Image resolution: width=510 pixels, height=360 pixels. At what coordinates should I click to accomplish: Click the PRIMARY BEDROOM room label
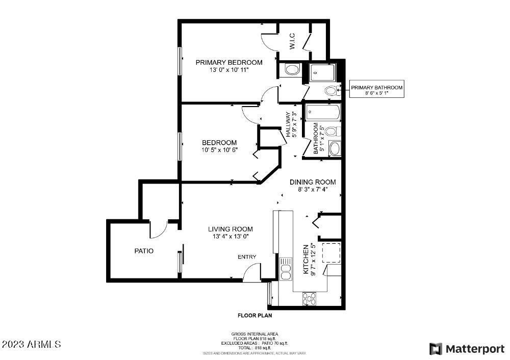pyautogui.click(x=229, y=62)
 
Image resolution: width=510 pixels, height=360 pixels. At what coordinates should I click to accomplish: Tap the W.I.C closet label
pyautogui.click(x=293, y=44)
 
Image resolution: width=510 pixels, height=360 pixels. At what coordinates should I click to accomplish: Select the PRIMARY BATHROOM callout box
pyautogui.click(x=376, y=91)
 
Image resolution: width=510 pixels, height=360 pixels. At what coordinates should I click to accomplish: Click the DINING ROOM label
pyautogui.click(x=313, y=182)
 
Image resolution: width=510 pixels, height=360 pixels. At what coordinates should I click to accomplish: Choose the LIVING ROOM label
pyautogui.click(x=230, y=229)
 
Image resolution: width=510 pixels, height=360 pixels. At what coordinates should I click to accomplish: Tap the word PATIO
pyautogui.click(x=144, y=251)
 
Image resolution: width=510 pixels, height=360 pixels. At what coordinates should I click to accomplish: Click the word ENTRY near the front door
pyautogui.click(x=247, y=257)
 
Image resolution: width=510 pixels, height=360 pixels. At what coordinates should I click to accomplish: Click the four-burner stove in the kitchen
pyautogui.click(x=309, y=297)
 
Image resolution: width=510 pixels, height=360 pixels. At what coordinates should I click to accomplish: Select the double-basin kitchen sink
pyautogui.click(x=286, y=268)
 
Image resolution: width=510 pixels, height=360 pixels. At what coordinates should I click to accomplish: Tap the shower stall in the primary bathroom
pyautogui.click(x=322, y=73)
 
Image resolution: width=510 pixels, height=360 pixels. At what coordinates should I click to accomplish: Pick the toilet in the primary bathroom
pyautogui.click(x=331, y=91)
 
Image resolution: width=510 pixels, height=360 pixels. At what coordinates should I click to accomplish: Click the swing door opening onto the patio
pyautogui.click(x=159, y=229)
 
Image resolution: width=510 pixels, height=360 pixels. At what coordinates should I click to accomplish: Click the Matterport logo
pyautogui.click(x=466, y=349)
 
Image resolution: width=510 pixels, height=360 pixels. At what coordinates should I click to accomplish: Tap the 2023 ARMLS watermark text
pyautogui.click(x=31, y=345)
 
